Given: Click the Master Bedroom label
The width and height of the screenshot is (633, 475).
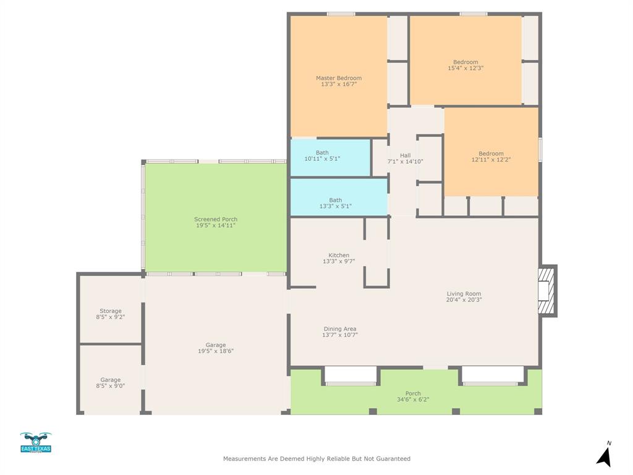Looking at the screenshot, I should point(338,78).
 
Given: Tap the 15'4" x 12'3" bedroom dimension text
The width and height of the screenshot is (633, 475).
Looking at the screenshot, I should point(465,68).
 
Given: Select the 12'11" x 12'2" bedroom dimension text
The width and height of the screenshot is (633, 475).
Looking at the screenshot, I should point(491,160).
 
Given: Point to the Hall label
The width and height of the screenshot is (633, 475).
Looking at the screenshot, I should point(405,155).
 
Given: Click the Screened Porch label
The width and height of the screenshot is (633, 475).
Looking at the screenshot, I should point(215,220).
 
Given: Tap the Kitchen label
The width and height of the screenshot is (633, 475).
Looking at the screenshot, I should point(339,255).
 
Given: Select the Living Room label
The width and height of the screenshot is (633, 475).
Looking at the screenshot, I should point(464,294).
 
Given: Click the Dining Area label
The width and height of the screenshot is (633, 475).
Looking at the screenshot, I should point(339,329).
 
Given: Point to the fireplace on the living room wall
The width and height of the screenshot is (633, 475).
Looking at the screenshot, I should point(546,291).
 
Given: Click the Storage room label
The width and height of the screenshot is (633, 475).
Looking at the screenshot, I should point(111,311).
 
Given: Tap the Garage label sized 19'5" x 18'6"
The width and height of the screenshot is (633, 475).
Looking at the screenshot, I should point(215,345).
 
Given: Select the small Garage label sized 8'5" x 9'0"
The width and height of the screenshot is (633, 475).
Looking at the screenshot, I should point(111,380).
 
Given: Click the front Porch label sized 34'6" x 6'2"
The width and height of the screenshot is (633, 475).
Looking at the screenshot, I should point(413,393).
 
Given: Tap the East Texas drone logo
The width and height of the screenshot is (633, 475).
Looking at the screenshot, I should point(36,442).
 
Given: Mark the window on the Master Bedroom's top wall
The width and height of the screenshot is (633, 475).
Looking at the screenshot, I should point(341,14).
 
